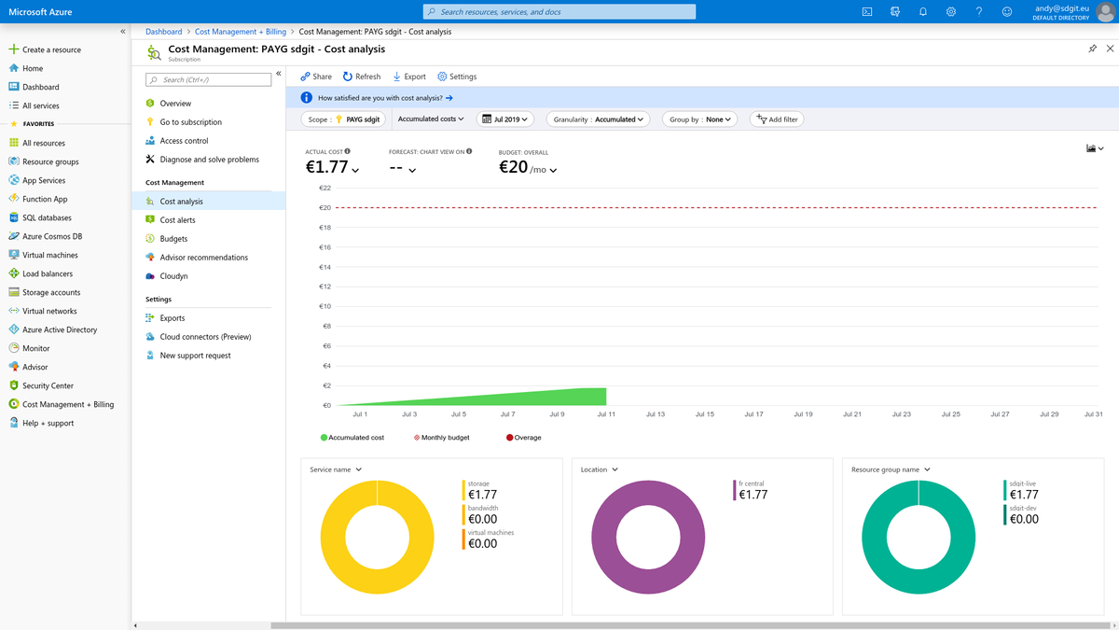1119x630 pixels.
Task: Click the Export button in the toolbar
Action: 409,77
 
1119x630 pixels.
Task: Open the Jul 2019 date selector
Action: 504,119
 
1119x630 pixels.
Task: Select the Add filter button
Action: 777,119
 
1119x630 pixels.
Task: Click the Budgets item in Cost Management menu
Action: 173,239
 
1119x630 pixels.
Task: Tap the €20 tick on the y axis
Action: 325,207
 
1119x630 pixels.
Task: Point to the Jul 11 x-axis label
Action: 606,414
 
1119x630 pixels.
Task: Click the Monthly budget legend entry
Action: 442,438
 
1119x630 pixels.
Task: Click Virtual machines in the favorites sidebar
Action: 49,255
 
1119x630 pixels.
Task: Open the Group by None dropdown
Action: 700,119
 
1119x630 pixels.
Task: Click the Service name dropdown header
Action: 336,469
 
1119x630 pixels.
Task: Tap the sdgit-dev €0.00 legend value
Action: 1024,519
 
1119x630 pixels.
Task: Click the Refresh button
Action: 362,77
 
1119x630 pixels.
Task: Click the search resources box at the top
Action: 559,12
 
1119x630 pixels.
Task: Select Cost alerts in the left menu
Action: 177,220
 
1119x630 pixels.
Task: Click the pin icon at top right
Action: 1093,49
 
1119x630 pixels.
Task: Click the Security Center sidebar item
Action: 48,385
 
